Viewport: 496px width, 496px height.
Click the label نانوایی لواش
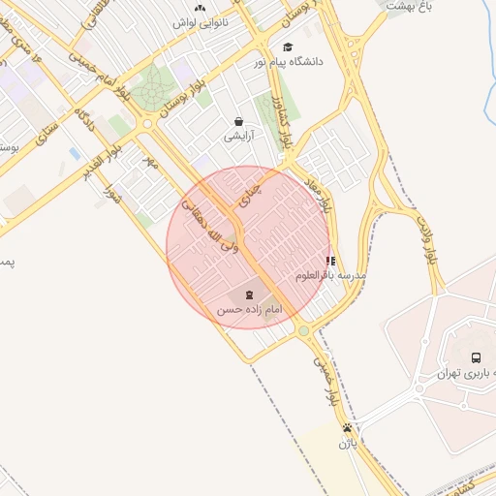point(201,22)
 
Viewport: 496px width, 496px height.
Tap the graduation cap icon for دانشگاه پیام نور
point(288,46)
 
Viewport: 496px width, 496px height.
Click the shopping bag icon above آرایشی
point(238,122)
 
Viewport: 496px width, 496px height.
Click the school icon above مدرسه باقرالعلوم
point(331,261)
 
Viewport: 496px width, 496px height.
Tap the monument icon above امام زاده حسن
point(249,294)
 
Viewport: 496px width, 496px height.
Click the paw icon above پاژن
point(348,428)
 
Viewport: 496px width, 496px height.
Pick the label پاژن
point(348,444)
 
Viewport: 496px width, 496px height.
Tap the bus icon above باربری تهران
point(476,357)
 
